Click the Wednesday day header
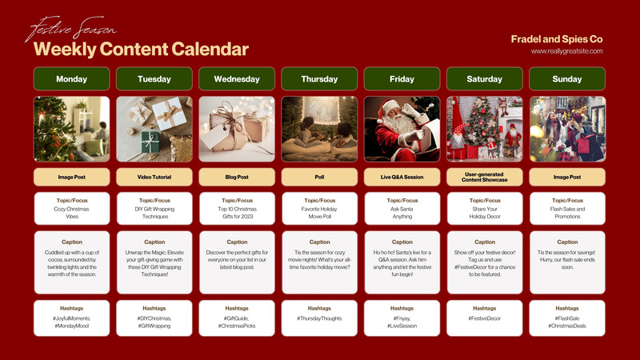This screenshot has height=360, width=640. [x=237, y=78]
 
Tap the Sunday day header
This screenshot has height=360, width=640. [x=567, y=78]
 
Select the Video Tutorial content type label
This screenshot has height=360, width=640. [x=154, y=177]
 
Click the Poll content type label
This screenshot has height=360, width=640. [x=319, y=177]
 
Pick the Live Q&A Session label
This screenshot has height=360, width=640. [x=402, y=177]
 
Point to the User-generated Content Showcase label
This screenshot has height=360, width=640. [x=485, y=177]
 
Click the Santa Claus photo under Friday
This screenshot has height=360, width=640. [x=402, y=129]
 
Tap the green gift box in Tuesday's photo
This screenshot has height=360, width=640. [x=150, y=142]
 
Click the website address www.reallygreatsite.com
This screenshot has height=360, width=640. [x=566, y=51]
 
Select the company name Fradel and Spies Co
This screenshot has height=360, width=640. [x=557, y=39]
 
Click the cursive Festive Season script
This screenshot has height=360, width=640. [x=71, y=29]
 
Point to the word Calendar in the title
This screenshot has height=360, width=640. [x=210, y=49]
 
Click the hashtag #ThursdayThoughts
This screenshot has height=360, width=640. [x=319, y=318]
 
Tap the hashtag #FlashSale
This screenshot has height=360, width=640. [x=567, y=318]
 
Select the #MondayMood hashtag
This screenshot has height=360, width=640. [x=71, y=326]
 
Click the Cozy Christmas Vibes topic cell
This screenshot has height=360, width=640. [x=71, y=209]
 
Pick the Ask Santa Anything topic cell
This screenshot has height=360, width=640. [x=402, y=209]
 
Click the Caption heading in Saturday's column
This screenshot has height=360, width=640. [x=485, y=242]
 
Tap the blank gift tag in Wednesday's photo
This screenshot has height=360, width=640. [x=214, y=136]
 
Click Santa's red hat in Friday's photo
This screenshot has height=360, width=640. [x=388, y=108]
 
